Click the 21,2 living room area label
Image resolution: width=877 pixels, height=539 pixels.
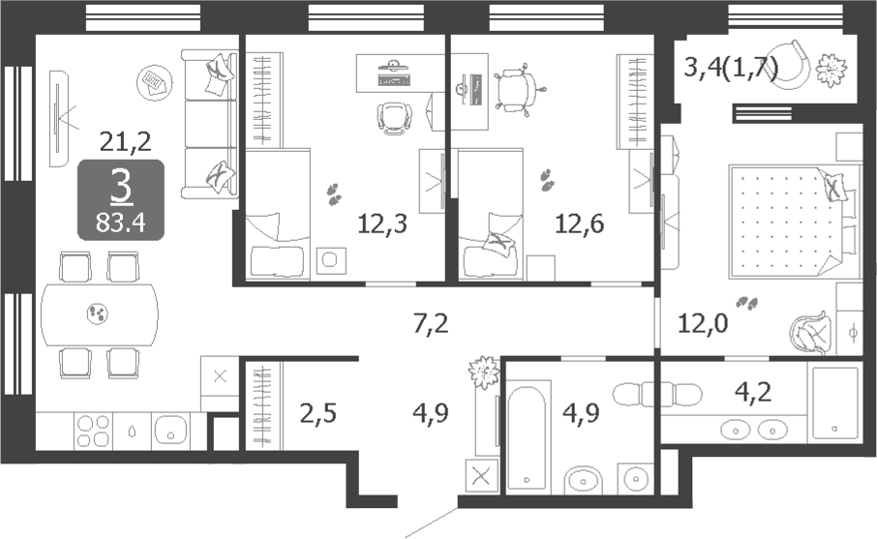point(125,142)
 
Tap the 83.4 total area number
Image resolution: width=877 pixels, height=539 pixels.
point(120,224)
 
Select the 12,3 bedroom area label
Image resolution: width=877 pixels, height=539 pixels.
point(382,224)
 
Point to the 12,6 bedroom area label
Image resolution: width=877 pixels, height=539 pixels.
point(580,224)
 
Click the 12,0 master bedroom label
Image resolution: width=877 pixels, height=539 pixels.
point(703,323)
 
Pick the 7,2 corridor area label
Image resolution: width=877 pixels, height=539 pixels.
point(431,324)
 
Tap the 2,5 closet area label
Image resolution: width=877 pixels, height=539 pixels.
point(318,414)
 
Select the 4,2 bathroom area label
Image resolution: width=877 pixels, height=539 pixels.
point(753,392)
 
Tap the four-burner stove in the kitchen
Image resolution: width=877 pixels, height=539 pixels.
point(93,431)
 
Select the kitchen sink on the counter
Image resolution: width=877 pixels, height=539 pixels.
point(170,430)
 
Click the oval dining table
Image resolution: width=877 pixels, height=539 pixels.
point(100,314)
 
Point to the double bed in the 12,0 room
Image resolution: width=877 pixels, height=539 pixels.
point(794,221)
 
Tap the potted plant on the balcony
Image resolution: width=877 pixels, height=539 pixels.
point(832,71)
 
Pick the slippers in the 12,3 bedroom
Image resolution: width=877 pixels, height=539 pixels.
point(335,193)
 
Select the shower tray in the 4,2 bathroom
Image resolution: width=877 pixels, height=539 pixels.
point(835,403)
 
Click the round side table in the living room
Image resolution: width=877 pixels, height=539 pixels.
point(154,82)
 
